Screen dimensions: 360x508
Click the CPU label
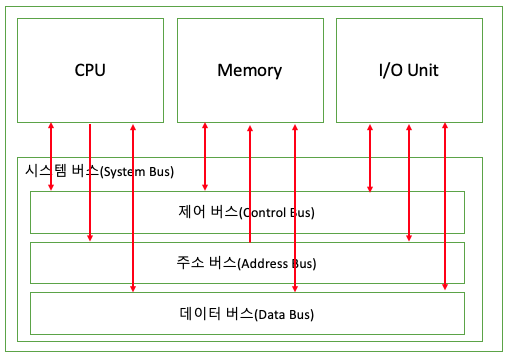point(90,71)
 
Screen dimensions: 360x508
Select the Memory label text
point(249,71)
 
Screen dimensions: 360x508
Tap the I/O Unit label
point(408,71)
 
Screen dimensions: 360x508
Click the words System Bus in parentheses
point(137,172)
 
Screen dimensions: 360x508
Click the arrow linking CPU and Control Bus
point(50,155)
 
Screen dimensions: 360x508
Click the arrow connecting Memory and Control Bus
point(205,155)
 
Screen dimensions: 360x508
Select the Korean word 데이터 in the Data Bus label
point(207,315)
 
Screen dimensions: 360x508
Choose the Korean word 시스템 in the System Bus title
point(43,172)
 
